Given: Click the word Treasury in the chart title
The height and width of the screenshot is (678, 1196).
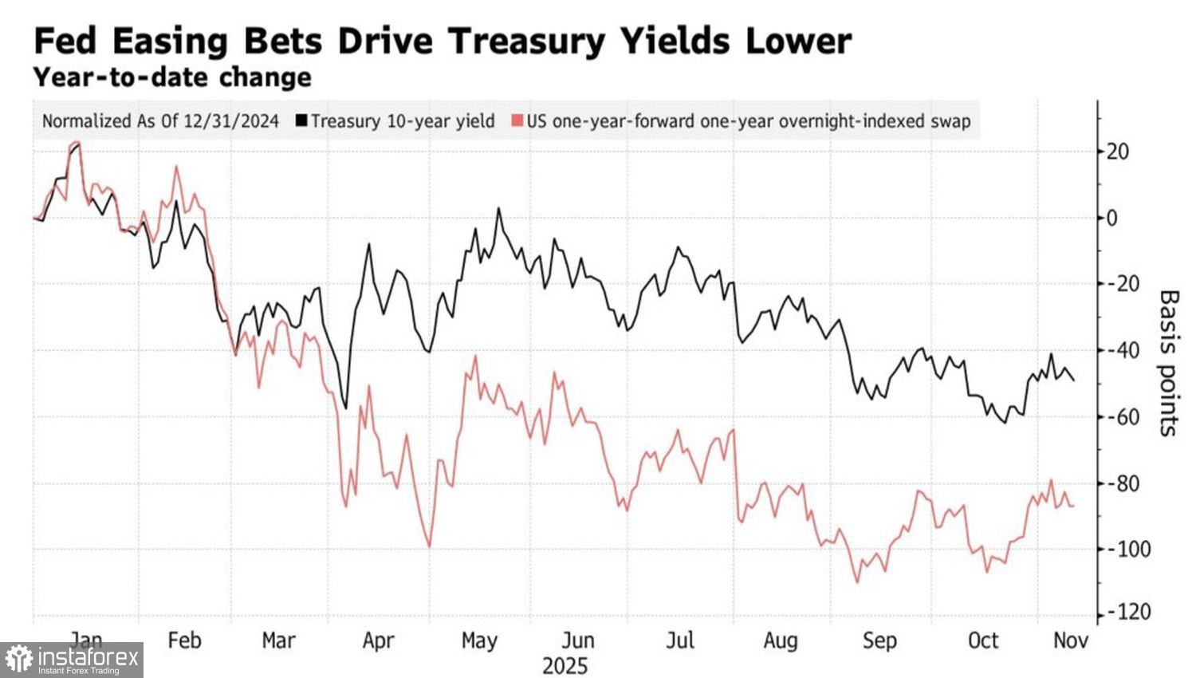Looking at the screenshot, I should [x=525, y=41].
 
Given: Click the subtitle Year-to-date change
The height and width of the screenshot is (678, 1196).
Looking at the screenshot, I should [x=172, y=77].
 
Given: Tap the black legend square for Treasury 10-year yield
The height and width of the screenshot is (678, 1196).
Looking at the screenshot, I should [x=301, y=121].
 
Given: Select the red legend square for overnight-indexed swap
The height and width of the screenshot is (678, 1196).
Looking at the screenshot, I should [x=517, y=121].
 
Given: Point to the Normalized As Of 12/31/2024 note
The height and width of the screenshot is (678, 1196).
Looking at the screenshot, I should [x=160, y=121].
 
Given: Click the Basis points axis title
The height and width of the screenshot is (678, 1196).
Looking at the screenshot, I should [x=1168, y=363].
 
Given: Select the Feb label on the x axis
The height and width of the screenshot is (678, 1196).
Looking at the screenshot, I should [x=184, y=641].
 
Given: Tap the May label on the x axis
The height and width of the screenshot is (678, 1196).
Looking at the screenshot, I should [x=479, y=641].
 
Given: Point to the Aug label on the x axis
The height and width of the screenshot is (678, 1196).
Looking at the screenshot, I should [x=780, y=641].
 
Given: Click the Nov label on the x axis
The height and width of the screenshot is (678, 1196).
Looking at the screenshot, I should [x=1071, y=640].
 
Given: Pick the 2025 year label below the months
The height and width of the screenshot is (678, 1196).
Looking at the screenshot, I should [x=565, y=666].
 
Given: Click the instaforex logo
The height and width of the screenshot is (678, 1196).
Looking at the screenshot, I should [x=72, y=660].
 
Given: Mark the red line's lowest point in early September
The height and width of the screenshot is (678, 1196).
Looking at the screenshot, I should [x=858, y=582].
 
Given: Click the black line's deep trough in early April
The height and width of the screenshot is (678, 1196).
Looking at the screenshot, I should [x=346, y=408].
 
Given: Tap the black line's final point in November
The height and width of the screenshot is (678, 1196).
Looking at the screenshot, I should [x=1074, y=380].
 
